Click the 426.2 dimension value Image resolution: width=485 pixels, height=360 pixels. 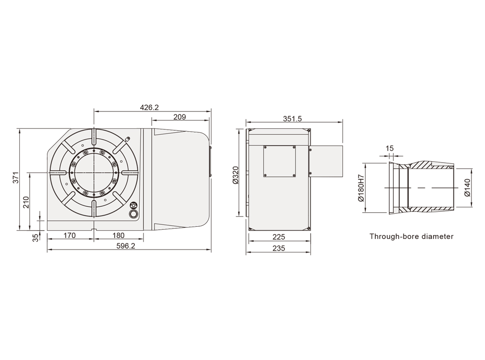pyautogui.click(x=149, y=107)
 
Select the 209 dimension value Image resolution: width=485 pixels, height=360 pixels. pyautogui.click(x=180, y=117)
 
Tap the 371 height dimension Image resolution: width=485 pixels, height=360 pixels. pyautogui.click(x=16, y=177)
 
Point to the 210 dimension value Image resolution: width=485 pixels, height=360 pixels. pyautogui.click(x=26, y=202)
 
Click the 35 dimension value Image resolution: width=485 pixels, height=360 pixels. pyautogui.click(x=36, y=237)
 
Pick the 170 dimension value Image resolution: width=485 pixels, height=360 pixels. pyautogui.click(x=69, y=235)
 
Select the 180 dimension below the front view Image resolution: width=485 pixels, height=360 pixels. pyautogui.click(x=118, y=235)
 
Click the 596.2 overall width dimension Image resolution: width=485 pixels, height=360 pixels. pyautogui.click(x=126, y=246)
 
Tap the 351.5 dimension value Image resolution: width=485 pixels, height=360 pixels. pyautogui.click(x=292, y=118)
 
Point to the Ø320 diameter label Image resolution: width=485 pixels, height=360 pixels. pyautogui.click(x=236, y=175)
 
